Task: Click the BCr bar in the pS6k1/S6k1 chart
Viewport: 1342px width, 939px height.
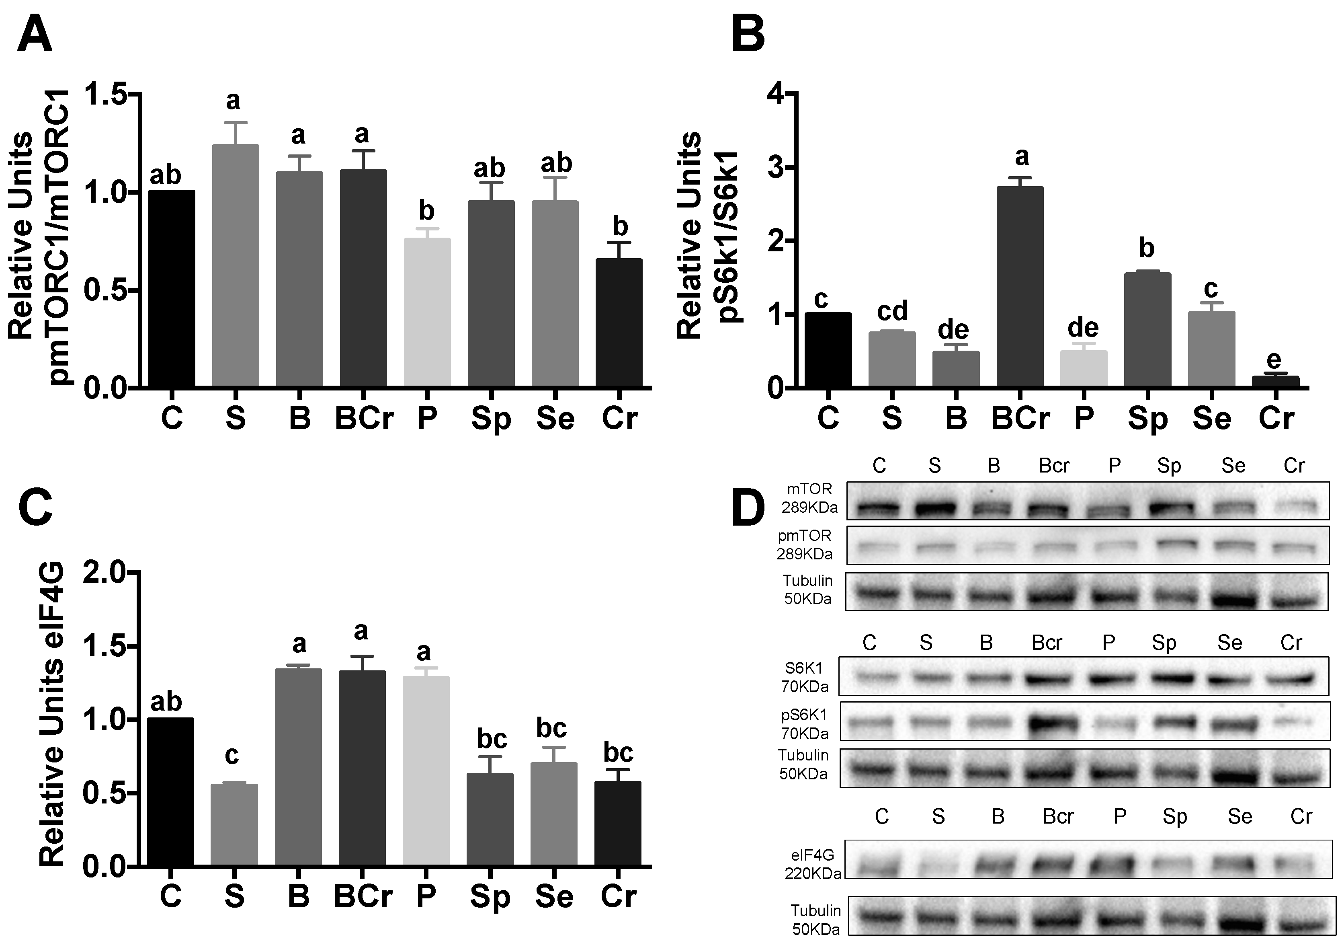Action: click(1020, 286)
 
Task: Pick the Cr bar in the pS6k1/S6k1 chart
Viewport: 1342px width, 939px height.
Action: click(1276, 381)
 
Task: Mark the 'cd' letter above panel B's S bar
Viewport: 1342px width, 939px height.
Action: click(892, 311)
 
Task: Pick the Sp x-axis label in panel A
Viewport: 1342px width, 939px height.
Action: click(491, 419)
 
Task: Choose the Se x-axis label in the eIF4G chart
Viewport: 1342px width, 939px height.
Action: click(555, 896)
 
